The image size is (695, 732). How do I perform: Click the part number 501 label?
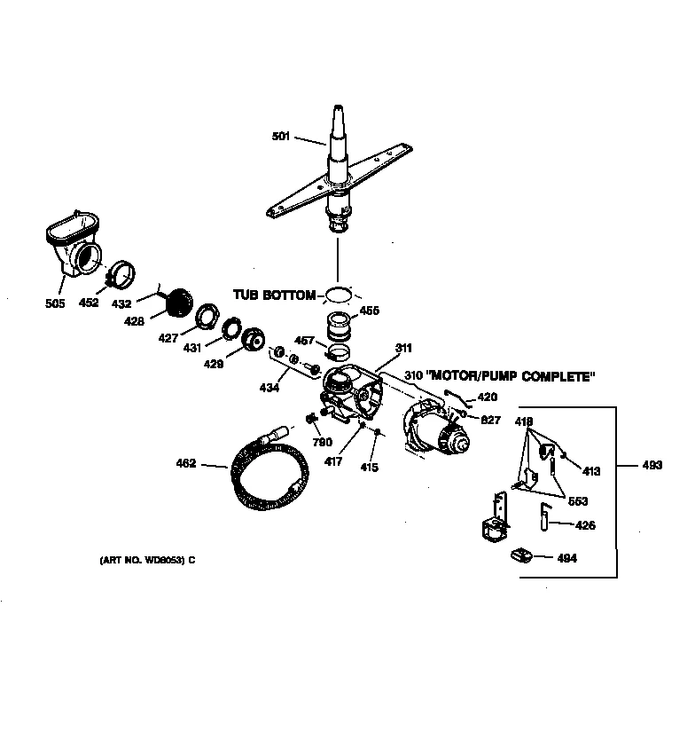click(280, 136)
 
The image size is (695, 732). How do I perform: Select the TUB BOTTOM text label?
click(275, 295)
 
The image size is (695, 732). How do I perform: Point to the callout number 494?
click(566, 558)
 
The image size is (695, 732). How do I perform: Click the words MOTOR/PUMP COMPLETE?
click(509, 377)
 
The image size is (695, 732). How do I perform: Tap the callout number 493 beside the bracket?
click(652, 465)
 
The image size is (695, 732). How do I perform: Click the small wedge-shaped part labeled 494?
click(521, 555)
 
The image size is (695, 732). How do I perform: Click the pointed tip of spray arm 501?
click(338, 109)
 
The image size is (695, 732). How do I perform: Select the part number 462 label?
click(186, 463)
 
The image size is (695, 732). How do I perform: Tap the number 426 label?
click(585, 525)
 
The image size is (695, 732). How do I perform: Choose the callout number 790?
click(322, 441)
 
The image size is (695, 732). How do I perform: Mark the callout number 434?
click(268, 389)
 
